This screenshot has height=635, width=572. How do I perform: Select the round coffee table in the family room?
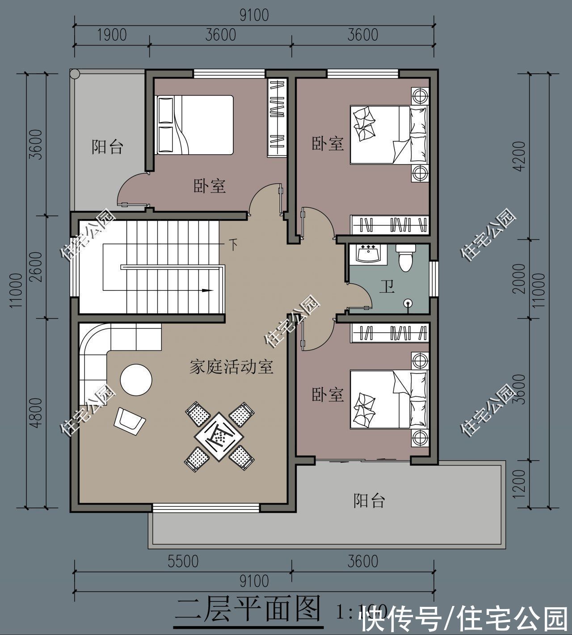click(x=136, y=379)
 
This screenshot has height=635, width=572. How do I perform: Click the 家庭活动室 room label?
click(x=231, y=367)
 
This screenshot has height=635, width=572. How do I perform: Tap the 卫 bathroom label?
click(x=387, y=286)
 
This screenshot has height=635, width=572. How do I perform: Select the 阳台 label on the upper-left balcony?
click(x=107, y=147)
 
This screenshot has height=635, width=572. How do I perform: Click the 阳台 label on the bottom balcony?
click(x=369, y=500)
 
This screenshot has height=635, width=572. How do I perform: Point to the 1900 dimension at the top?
click(x=111, y=35)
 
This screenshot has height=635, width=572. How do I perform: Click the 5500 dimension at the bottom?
click(x=183, y=561)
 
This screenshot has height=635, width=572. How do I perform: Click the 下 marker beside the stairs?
click(x=233, y=244)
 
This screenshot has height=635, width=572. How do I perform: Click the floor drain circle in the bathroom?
click(x=408, y=303)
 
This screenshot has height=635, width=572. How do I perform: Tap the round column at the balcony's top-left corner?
click(x=74, y=73)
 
